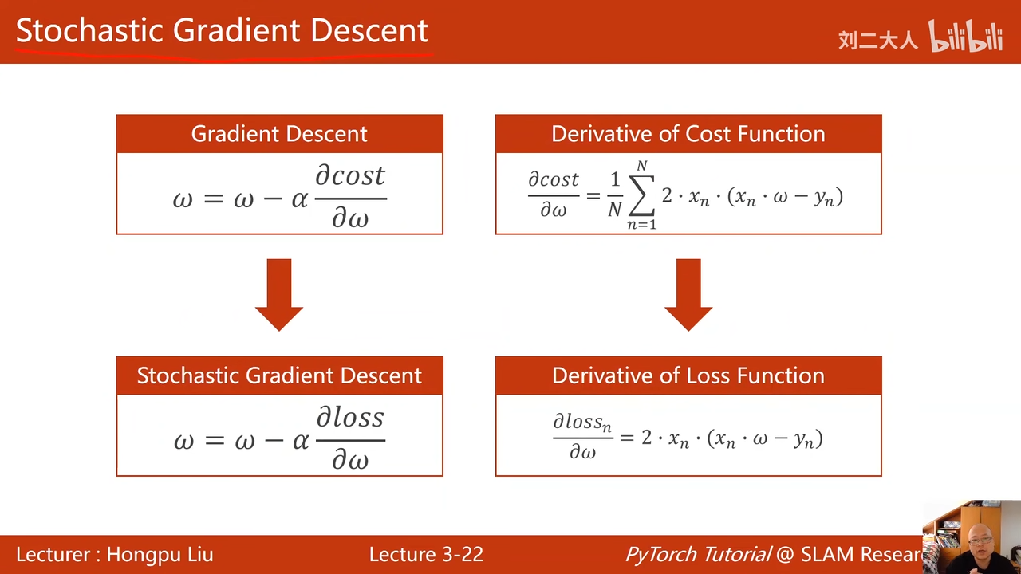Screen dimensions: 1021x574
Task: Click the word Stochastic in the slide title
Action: coord(89,31)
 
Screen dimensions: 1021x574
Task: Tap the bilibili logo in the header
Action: coord(965,36)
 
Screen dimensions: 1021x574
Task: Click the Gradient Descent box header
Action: coord(279,133)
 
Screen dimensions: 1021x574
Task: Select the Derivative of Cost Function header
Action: coord(688,133)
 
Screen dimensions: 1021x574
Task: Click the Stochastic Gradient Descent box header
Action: coord(279,375)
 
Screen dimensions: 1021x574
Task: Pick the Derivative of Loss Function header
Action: coord(688,375)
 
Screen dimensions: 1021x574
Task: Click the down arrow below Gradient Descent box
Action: coord(279,295)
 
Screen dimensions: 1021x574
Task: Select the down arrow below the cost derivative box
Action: coord(688,295)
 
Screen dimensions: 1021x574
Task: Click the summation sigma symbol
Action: coord(642,195)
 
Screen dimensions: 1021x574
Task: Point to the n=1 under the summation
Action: coord(642,224)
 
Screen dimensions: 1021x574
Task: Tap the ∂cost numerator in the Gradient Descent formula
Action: coord(350,176)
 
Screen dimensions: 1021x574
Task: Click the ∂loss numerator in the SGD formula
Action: coord(350,417)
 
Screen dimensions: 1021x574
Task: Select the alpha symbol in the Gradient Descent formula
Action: coord(300,199)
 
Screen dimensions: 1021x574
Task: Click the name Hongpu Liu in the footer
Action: coord(160,554)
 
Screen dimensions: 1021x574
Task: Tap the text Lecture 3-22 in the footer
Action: coord(426,554)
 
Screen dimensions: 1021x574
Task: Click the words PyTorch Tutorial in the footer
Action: coord(698,554)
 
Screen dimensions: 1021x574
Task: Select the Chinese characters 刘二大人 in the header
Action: coord(878,41)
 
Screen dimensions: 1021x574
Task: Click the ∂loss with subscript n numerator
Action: coord(582,422)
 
